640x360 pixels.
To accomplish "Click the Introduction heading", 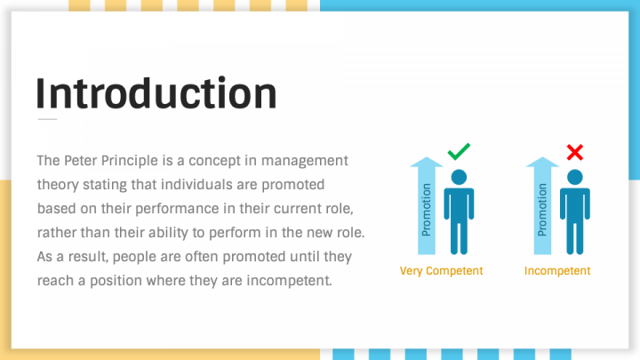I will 156,92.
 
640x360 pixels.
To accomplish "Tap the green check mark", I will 459,152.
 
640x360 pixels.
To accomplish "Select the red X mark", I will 575,153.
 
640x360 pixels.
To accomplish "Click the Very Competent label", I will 442,271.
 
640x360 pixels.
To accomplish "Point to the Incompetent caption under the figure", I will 557,271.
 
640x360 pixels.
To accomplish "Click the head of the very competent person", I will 459,176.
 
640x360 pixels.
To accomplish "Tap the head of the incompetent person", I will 575,176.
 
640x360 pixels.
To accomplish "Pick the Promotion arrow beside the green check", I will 427,205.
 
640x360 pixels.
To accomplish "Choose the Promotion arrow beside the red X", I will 542,205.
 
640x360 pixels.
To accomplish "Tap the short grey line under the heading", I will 47,118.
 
